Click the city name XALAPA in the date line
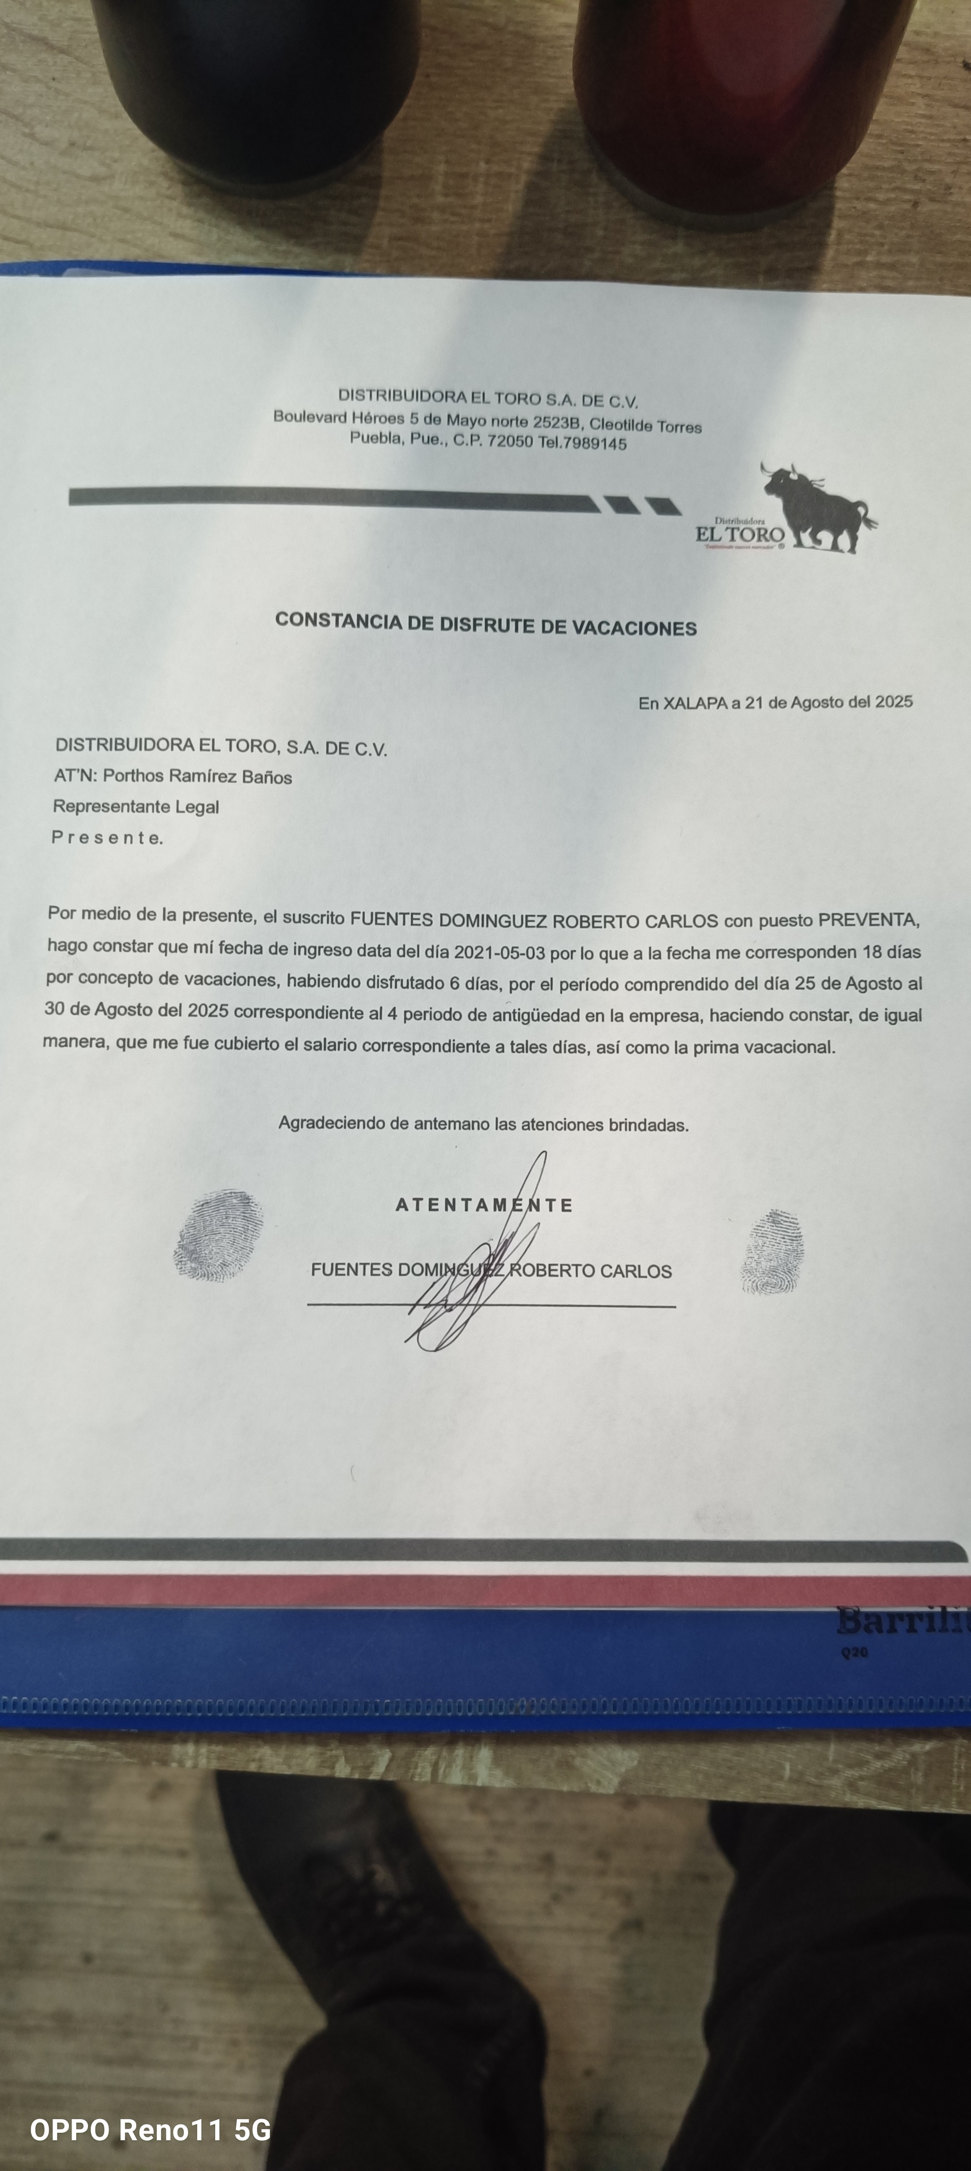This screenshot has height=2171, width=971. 694,703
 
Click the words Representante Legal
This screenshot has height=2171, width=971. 136,807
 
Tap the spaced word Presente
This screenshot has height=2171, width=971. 107,838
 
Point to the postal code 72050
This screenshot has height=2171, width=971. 510,442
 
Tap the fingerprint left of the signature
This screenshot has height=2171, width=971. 217,1235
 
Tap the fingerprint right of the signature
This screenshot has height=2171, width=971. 771,1251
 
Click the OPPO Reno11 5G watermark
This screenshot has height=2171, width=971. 150,2130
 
